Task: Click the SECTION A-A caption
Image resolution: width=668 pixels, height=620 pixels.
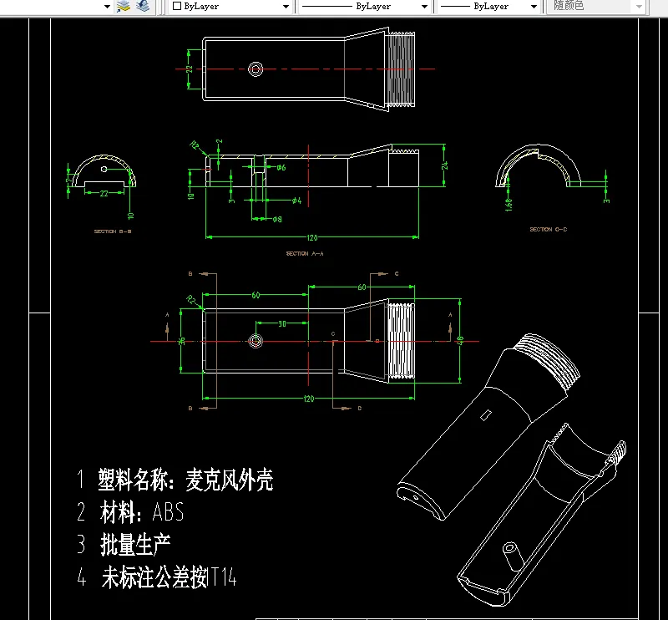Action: [x=304, y=253]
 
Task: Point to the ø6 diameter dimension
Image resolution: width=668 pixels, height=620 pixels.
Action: [x=281, y=168]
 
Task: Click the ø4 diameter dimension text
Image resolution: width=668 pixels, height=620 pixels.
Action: [x=296, y=201]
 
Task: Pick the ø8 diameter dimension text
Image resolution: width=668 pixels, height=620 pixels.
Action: [x=277, y=220]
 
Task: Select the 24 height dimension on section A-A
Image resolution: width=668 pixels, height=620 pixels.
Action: [x=445, y=165]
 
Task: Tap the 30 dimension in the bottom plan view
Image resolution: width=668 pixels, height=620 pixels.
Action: [x=281, y=323]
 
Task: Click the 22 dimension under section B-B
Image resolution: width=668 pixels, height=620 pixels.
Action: [x=104, y=194]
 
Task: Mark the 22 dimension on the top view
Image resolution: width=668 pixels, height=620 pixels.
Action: [x=189, y=69]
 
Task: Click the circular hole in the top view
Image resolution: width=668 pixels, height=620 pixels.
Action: [x=256, y=69]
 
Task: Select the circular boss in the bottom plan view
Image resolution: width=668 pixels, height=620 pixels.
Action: [x=255, y=341]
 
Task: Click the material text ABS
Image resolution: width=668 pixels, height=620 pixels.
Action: [x=168, y=511]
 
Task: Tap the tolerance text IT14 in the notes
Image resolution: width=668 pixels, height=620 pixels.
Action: [x=224, y=577]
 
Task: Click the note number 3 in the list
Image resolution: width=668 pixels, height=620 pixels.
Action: [x=81, y=545]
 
